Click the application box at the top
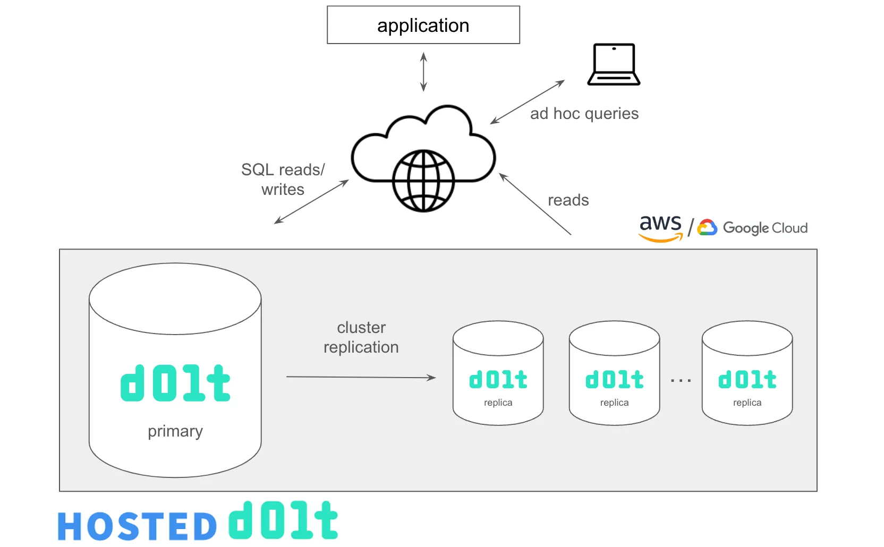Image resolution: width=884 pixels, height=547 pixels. [x=423, y=25]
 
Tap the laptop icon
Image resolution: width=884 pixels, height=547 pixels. [x=614, y=64]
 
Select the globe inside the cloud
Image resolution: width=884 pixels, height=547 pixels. [x=423, y=181]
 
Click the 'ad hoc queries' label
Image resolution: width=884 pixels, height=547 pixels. [x=584, y=114]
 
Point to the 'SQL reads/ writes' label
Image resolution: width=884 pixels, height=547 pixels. [x=283, y=180]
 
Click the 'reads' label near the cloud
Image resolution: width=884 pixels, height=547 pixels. [x=568, y=200]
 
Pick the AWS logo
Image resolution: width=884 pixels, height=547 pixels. [x=660, y=227]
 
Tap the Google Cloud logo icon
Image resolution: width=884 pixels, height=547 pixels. [x=707, y=227]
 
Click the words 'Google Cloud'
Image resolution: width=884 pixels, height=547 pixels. [x=765, y=228]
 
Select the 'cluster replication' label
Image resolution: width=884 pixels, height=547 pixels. [x=361, y=337]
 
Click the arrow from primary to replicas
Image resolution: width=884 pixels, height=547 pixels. [x=361, y=378]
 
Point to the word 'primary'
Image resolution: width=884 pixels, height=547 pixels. [x=175, y=431]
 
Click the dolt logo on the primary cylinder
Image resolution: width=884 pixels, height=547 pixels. [x=175, y=383]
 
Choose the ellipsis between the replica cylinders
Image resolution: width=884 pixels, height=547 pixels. [x=681, y=381]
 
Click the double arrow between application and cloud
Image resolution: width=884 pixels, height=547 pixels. [x=423, y=72]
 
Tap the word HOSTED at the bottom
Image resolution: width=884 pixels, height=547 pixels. [x=138, y=526]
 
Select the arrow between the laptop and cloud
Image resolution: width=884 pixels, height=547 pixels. [x=527, y=102]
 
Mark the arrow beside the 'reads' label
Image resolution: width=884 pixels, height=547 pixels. [x=535, y=204]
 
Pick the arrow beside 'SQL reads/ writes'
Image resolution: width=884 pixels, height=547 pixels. [x=311, y=202]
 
